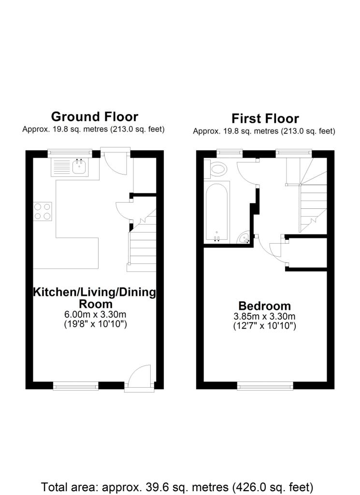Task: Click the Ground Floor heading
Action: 94,116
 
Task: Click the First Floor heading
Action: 265,118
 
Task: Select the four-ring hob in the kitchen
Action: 43,211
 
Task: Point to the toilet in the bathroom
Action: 219,169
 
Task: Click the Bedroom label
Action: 265,306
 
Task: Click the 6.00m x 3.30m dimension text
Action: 95,315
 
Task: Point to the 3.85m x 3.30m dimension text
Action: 265,317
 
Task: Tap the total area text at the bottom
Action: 177,486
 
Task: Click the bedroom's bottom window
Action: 265,385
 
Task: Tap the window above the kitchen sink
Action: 70,153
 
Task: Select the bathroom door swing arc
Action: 247,172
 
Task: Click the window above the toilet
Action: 230,153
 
